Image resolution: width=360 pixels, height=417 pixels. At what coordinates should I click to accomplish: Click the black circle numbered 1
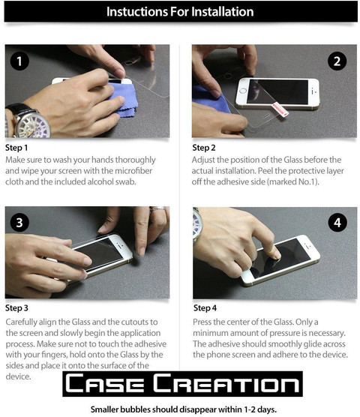pyautogui.click(x=19, y=61)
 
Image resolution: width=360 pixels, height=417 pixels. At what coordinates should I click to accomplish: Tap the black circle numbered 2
pyautogui.click(x=337, y=61)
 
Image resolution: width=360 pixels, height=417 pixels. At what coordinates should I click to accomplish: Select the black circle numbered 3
pyautogui.click(x=19, y=222)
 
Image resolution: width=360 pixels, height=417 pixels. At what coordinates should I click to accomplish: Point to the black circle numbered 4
pyautogui.click(x=337, y=222)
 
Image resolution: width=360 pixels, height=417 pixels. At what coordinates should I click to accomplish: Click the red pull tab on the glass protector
pyautogui.click(x=280, y=109)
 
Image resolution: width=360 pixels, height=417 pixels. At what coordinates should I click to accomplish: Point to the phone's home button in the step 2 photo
pyautogui.click(x=243, y=91)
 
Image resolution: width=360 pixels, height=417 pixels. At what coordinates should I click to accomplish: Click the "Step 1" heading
pyautogui.click(x=16, y=148)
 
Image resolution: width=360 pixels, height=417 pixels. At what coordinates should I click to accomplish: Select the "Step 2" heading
pyautogui.click(x=204, y=148)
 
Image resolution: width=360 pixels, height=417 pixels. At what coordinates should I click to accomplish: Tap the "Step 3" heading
pyautogui.click(x=16, y=308)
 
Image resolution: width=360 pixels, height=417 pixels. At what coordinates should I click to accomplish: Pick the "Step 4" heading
pyautogui.click(x=205, y=308)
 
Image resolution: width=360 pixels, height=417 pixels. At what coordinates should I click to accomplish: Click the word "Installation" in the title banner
pyautogui.click(x=223, y=12)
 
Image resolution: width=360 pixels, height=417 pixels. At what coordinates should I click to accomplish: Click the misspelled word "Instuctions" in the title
pyautogui.click(x=137, y=12)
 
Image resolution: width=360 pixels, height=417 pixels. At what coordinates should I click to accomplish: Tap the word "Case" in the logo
pyautogui.click(x=105, y=383)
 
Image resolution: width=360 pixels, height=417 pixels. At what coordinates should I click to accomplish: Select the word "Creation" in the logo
pyautogui.click(x=226, y=383)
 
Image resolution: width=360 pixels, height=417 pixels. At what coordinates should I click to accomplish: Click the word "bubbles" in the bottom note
pyautogui.click(x=135, y=409)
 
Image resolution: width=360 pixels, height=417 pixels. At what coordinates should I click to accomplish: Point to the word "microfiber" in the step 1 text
pyautogui.click(x=133, y=171)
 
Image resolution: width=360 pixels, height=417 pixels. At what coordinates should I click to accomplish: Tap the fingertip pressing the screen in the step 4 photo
pyautogui.click(x=276, y=255)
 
